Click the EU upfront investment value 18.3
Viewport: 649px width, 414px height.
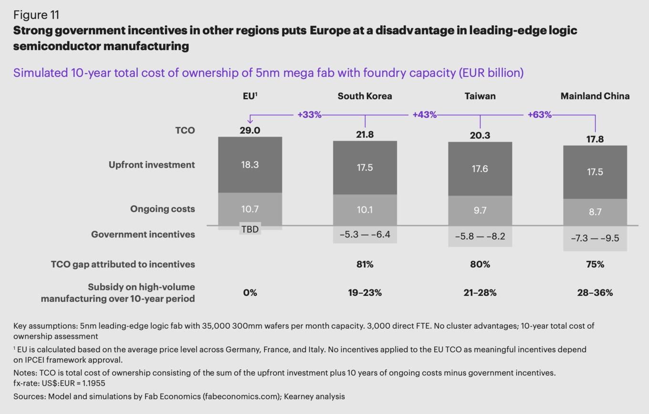[x=250, y=165]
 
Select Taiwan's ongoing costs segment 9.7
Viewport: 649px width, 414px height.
[x=480, y=210]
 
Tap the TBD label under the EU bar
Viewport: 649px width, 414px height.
[x=250, y=229]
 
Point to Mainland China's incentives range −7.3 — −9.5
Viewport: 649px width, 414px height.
[x=595, y=238]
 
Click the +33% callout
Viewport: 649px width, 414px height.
[x=309, y=115]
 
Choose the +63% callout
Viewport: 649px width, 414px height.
[x=539, y=115]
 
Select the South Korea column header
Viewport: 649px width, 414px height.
[x=365, y=96]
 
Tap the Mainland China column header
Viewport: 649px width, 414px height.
[x=595, y=96]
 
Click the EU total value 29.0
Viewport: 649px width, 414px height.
[x=250, y=130]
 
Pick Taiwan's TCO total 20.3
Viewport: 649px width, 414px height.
[x=480, y=135]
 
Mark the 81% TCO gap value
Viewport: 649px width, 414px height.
[x=365, y=264]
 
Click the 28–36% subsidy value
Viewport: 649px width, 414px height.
[x=595, y=293]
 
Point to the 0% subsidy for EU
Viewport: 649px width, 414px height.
[x=250, y=293]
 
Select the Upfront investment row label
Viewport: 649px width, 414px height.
[x=152, y=165]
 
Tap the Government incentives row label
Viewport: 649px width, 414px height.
[x=143, y=234]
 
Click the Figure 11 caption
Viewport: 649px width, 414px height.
[x=36, y=15]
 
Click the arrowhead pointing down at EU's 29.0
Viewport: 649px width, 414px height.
[x=250, y=121]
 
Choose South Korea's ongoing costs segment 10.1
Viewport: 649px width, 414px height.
[x=365, y=209]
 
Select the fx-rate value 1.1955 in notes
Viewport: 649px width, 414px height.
[x=94, y=383]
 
